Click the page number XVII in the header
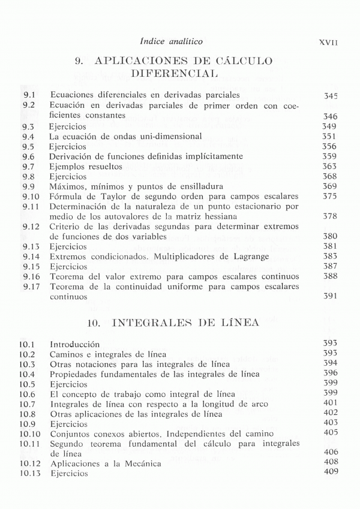pos(329,43)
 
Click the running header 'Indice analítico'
pos(171,41)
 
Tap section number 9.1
pos(29,95)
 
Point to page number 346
pos(329,116)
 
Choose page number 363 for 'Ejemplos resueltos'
pos(329,167)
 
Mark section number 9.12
pos(31,227)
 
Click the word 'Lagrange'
pos(247,257)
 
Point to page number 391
pos(329,296)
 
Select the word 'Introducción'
pos(74,345)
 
